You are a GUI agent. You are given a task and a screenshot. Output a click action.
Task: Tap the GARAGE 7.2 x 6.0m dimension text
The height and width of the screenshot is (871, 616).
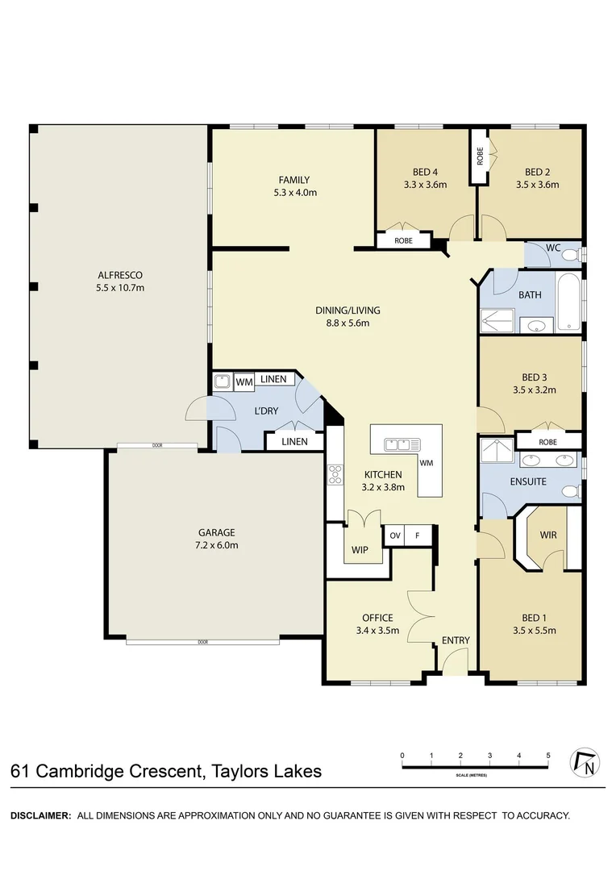pyautogui.click(x=217, y=545)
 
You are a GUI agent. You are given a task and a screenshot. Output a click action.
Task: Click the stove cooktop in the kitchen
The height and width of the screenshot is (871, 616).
pyautogui.click(x=335, y=474)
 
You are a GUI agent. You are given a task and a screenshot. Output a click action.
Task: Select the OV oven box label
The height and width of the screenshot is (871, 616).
pyautogui.click(x=395, y=536)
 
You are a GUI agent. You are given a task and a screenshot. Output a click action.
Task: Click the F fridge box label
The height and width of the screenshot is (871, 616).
pyautogui.click(x=417, y=536)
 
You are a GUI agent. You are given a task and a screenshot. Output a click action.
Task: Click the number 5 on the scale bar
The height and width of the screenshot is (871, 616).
pyautogui.click(x=548, y=756)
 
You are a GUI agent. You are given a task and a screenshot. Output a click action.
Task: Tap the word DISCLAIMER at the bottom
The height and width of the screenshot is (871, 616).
pyautogui.click(x=41, y=815)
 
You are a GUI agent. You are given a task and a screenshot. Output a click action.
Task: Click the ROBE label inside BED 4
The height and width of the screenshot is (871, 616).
pyautogui.click(x=404, y=240)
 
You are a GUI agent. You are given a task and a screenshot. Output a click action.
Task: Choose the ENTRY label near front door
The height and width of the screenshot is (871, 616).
pyautogui.click(x=456, y=640)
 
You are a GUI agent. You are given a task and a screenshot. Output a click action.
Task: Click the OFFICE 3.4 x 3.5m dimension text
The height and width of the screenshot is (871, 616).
pyautogui.click(x=377, y=631)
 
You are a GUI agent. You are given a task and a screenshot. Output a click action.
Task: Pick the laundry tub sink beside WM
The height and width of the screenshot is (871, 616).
pyautogui.click(x=223, y=381)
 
